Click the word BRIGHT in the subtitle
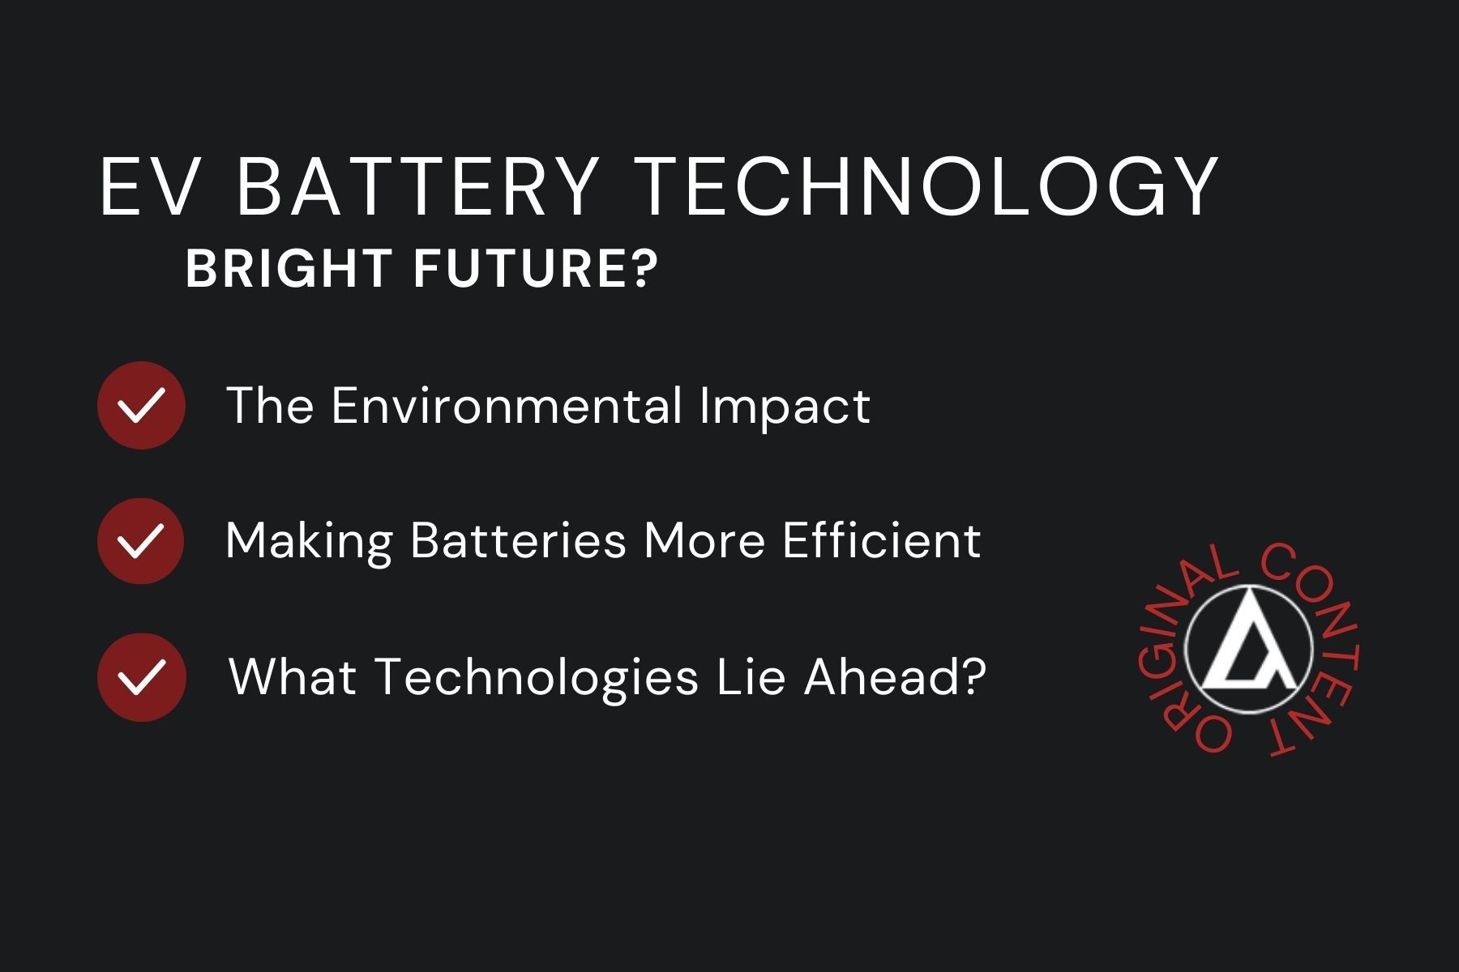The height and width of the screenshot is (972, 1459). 289,269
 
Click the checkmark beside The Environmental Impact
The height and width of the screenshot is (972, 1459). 141,405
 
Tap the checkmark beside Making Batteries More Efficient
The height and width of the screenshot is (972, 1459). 141,541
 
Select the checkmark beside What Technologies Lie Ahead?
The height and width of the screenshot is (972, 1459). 141,677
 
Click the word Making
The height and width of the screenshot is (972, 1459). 309,541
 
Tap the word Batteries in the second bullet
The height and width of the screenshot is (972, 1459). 519,540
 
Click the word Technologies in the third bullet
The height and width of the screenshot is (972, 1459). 537,678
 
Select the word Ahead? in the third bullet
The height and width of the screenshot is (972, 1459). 894,676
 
